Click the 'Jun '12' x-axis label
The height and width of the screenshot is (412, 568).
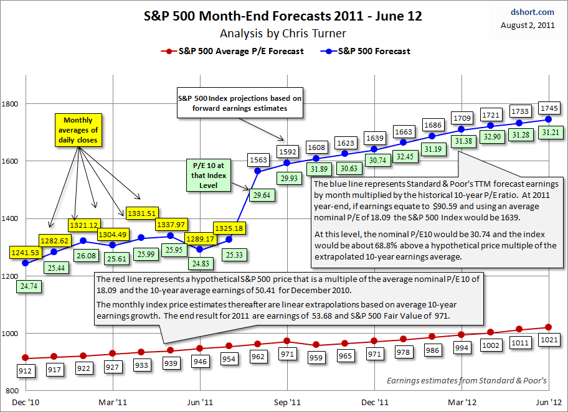pyautogui.click(x=547, y=403)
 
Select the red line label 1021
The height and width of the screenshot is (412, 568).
pyautogui.click(x=548, y=341)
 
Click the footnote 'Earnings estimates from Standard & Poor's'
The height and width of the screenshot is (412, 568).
pyautogui.click(x=466, y=380)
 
